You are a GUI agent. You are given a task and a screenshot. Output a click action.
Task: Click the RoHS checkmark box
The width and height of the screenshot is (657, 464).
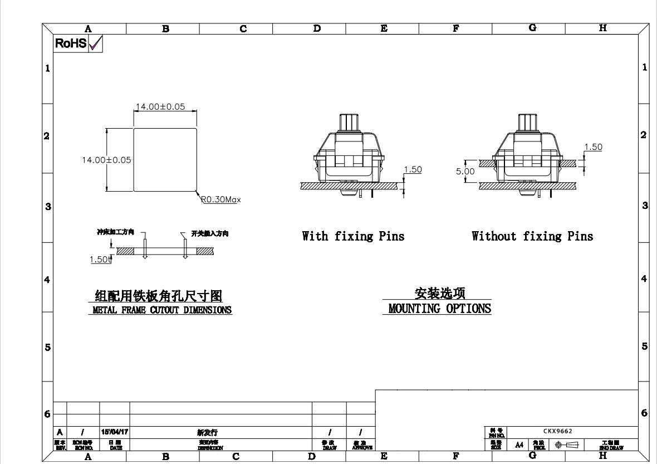pos(95,43)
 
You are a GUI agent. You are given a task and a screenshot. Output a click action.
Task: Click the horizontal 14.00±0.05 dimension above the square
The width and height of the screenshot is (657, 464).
pos(160,107)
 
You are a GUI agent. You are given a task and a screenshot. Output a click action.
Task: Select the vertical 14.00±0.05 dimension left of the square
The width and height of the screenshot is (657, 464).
pos(107,160)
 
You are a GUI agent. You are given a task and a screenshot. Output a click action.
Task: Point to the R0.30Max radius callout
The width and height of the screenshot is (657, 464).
pos(221,199)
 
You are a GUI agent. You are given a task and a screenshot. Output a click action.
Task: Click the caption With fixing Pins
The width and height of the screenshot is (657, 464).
pos(353,236)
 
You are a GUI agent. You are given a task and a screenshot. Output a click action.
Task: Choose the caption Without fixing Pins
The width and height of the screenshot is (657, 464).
pos(532,236)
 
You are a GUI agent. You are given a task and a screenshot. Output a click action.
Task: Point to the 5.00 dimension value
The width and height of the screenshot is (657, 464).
pos(465,172)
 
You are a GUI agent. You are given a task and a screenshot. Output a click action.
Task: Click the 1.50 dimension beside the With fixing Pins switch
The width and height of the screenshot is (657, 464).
pos(413,169)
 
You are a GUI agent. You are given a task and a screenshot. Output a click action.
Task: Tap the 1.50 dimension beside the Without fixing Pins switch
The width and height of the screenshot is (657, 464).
pos(593,147)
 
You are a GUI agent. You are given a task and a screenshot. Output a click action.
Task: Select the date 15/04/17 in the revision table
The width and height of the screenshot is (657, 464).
pos(114,432)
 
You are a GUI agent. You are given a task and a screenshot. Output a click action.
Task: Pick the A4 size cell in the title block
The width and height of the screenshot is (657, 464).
pos(518,445)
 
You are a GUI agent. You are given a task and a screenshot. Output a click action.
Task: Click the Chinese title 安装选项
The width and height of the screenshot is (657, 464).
pos(440,293)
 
